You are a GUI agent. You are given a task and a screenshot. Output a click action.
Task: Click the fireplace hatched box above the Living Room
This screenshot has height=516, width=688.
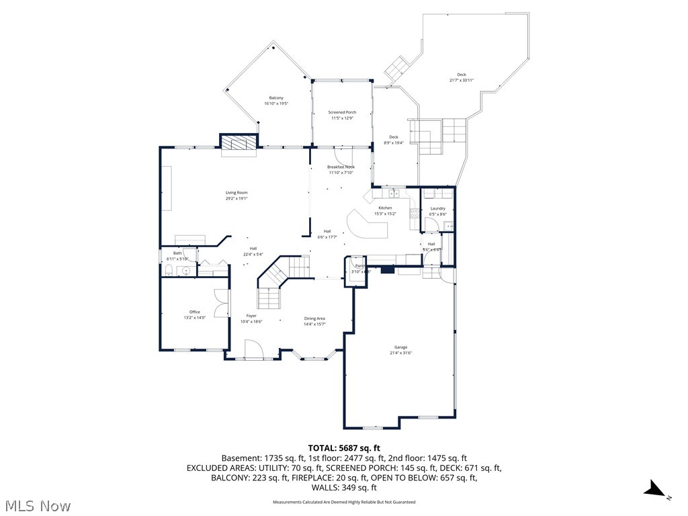(239, 143)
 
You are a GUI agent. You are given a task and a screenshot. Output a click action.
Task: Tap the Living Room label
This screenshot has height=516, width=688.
(236, 193)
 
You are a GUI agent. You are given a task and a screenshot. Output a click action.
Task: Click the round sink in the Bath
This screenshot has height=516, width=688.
(187, 271)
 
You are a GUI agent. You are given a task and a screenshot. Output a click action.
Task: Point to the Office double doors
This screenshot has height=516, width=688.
(219, 303)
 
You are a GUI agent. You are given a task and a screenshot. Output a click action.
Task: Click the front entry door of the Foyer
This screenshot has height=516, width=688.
(253, 350)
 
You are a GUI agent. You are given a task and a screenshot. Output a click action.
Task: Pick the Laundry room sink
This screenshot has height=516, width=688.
(448, 226)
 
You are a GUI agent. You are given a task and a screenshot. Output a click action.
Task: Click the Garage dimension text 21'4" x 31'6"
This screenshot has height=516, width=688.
(400, 353)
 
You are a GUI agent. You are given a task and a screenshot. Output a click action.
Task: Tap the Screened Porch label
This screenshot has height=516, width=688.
(342, 112)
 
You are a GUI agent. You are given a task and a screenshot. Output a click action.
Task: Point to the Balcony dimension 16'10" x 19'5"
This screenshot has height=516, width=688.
(275, 103)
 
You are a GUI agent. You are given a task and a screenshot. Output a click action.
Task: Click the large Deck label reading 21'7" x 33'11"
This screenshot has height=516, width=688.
(462, 80)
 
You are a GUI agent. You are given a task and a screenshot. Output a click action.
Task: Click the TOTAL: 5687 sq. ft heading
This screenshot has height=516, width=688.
(344, 447)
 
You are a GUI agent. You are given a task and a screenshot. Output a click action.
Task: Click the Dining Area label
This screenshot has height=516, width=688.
(314, 318)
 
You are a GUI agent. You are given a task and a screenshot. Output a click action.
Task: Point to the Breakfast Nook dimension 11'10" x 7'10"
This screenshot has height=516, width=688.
(341, 173)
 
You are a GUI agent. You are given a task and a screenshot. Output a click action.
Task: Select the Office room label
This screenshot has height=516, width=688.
(194, 312)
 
